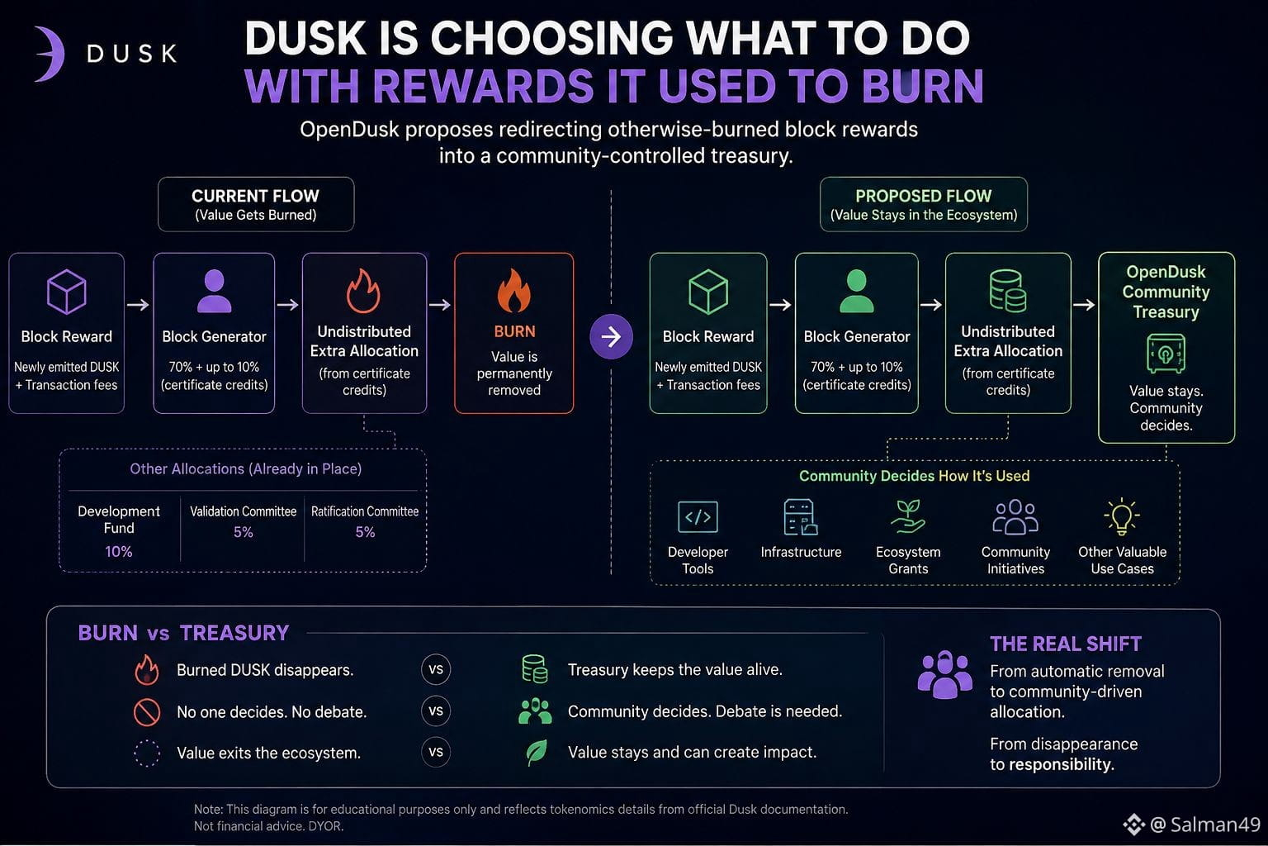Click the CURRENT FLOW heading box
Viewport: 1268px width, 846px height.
[x=256, y=204]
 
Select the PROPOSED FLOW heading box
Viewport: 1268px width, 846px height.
[x=923, y=204]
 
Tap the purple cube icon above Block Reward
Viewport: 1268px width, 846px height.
[x=66, y=292]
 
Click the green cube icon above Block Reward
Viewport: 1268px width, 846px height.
[x=708, y=292]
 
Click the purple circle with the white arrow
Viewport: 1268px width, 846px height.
[x=612, y=336]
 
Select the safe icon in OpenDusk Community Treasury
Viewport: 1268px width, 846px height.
[x=1166, y=354]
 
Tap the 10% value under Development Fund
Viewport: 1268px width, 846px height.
[x=118, y=551]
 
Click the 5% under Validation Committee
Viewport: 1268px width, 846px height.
[x=244, y=532]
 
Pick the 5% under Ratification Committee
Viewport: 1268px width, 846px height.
[x=365, y=532]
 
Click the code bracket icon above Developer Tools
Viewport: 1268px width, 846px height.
[x=698, y=517]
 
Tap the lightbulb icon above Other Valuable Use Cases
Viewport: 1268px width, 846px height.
[x=1122, y=516]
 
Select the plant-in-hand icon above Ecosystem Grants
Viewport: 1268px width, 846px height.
[x=908, y=516]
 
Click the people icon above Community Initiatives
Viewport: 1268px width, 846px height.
[x=1015, y=517]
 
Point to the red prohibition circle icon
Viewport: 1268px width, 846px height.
[x=147, y=712]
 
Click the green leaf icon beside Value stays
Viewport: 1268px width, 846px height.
[x=536, y=753]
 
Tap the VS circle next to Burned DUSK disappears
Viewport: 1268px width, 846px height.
[x=436, y=669]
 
